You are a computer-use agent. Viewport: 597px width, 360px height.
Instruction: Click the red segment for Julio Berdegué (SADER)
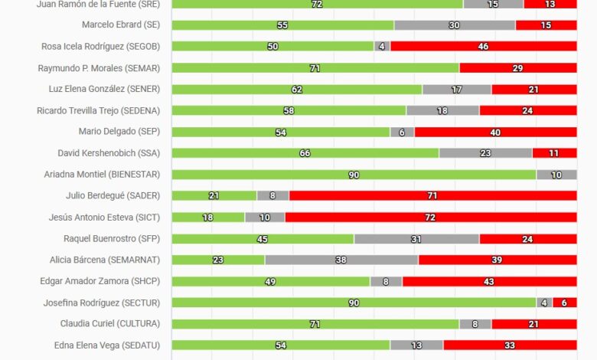coord(432,195)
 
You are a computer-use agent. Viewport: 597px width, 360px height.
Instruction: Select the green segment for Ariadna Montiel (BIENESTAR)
coord(354,175)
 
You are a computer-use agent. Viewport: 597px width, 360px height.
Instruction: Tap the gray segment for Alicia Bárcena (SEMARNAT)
coord(341,260)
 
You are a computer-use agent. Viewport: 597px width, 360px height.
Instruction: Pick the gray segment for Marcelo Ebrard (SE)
coord(455,25)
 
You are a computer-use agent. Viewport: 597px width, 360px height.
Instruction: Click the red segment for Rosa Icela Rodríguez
coord(483,47)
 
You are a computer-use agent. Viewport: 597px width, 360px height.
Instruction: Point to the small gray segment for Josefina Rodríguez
coord(544,303)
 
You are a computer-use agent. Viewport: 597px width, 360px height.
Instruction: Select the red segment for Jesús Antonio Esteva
coord(431,218)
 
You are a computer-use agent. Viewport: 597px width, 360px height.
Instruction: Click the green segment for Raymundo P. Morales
coord(315,68)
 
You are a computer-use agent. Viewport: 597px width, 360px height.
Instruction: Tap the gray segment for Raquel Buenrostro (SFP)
coord(416,238)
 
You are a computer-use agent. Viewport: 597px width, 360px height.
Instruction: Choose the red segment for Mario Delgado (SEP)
coord(495,132)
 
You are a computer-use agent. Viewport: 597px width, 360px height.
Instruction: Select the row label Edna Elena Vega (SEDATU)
coord(107,345)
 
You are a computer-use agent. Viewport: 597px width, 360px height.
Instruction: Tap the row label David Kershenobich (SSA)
coord(109,153)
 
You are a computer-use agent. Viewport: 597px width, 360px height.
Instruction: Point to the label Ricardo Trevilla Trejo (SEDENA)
coord(99,110)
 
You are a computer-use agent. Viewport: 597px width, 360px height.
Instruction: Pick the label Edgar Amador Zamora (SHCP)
coord(100,281)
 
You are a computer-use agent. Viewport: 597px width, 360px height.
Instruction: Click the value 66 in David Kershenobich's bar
coord(305,153)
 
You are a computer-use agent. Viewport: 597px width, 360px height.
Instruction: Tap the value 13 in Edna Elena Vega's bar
coord(416,345)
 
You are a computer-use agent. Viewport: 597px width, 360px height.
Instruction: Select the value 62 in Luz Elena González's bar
coord(297,89)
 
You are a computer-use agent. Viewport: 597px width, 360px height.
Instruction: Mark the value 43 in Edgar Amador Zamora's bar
coord(489,281)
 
